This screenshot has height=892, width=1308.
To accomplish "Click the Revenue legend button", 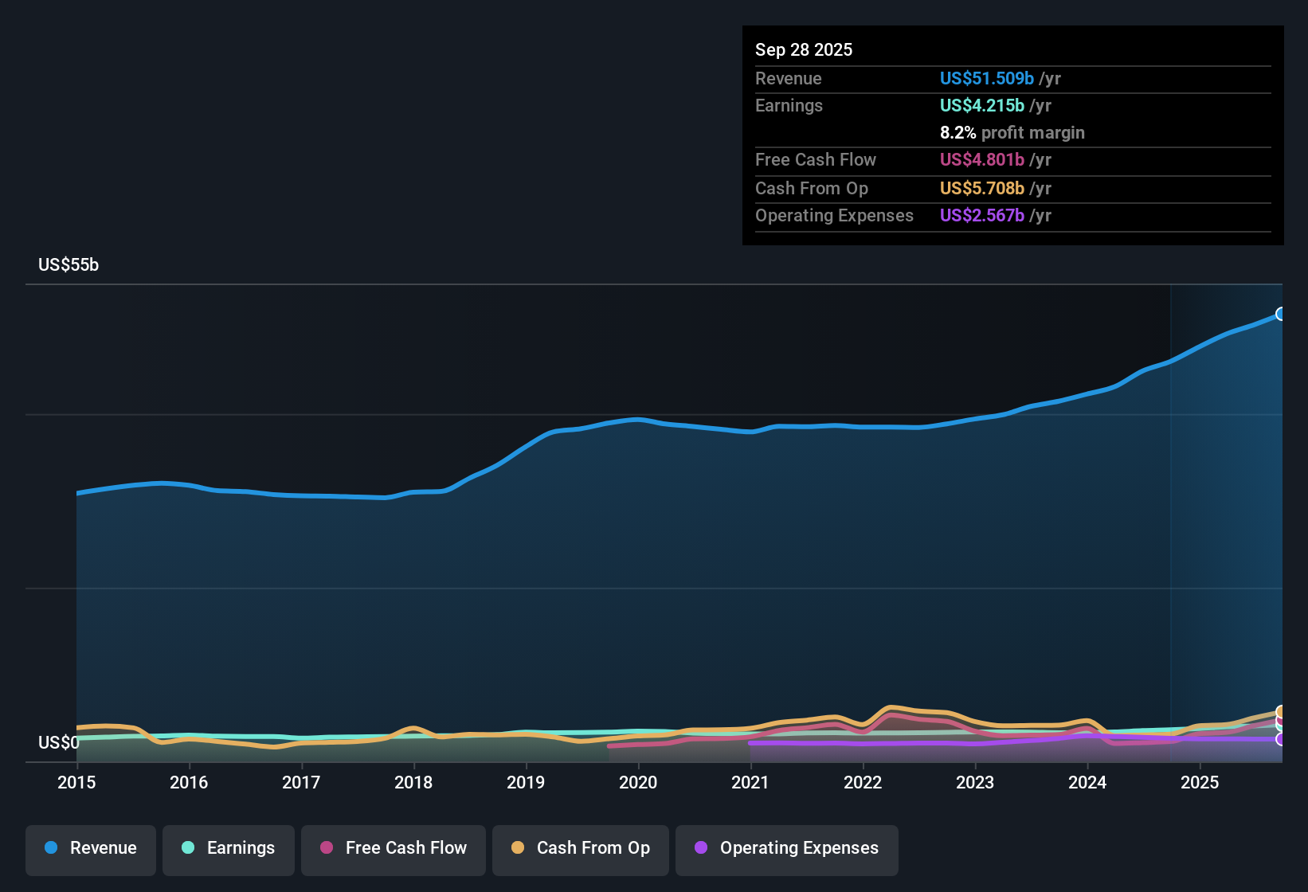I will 91,848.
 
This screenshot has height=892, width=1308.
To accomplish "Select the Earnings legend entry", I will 229,848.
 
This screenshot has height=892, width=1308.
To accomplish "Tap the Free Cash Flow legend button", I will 394,848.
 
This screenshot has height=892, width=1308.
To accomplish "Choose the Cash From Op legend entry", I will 581,848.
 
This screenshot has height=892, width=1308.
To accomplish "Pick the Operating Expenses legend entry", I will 787,848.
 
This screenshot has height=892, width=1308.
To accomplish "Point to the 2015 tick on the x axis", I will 76,782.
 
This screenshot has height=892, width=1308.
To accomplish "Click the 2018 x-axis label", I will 413,782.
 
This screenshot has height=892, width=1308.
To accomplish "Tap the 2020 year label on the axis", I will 638,782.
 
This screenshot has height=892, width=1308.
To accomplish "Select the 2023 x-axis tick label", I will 975,782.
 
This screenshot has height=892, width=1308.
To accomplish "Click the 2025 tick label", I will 1200,782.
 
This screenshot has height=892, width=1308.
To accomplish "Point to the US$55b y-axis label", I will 69,265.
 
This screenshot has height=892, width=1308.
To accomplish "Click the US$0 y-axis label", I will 58,743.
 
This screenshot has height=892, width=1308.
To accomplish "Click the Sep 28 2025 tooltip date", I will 804,50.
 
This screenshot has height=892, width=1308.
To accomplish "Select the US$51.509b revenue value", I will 986,79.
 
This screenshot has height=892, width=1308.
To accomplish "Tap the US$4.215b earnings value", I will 981,106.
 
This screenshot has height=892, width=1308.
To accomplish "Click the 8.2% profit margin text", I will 1012,133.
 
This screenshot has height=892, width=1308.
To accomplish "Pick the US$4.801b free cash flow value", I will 981,160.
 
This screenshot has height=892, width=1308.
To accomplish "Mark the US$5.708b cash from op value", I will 981,189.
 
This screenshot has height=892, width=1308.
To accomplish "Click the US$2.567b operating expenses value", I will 981,216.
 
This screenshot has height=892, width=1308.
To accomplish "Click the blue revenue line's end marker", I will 1281,314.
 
